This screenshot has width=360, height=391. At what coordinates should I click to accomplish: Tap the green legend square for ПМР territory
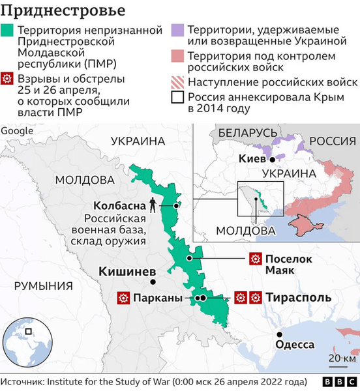click(x=8, y=31)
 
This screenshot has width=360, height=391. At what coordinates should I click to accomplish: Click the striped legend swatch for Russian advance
click(x=176, y=83)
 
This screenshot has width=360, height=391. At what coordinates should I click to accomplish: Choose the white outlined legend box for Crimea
click(x=176, y=98)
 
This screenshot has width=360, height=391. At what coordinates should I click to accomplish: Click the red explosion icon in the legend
click(x=8, y=79)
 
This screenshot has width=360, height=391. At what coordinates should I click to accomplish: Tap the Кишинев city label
click(x=127, y=270)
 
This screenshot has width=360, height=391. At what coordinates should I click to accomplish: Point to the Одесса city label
click(x=295, y=345)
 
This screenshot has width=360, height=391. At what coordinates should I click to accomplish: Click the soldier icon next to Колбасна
click(x=153, y=205)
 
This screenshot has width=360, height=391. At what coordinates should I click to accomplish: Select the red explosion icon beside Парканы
click(x=122, y=298)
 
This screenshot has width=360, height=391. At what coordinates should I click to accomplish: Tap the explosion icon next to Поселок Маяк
click(x=254, y=259)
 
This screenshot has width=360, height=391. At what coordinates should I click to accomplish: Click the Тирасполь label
click(x=297, y=298)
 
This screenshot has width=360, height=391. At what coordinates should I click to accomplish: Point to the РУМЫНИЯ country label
click(x=44, y=285)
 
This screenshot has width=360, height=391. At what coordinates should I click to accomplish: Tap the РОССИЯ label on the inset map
click(x=331, y=141)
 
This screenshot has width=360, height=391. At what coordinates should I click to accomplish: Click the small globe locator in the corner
click(x=26, y=342)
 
